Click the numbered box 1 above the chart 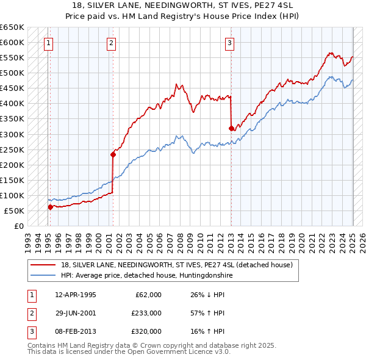tap(48, 43)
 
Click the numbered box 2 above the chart tap(111, 43)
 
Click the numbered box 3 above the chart tap(229, 43)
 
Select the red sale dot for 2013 tap(231, 128)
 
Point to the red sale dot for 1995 tap(50, 207)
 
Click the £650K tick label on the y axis tap(12, 27)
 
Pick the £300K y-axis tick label tap(12, 134)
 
